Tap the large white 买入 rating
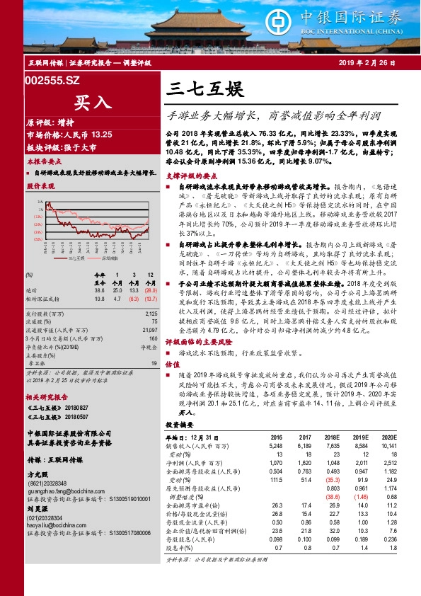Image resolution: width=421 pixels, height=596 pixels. tap(91, 101)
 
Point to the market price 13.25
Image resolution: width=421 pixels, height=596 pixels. tap(101, 134)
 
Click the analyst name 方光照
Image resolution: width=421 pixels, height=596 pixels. tap(38, 456)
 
